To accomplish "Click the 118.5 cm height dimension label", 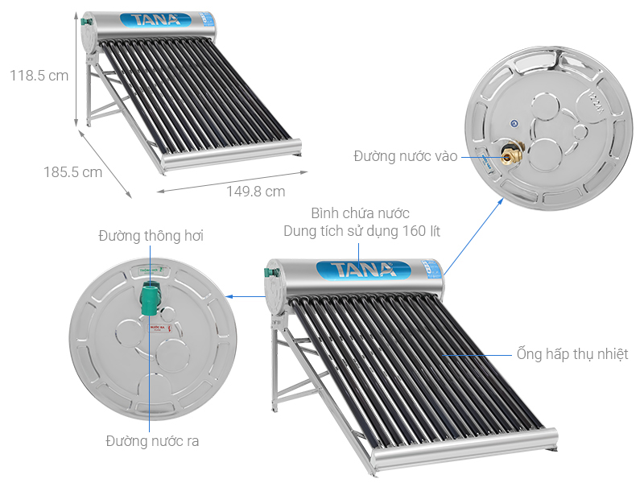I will click(x=39, y=76).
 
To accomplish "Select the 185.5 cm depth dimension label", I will click(x=72, y=171).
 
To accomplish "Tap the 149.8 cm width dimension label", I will click(x=255, y=191).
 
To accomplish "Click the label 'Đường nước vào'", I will click(x=404, y=155).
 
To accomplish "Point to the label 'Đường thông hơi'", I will click(x=151, y=236).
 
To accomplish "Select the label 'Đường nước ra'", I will click(x=152, y=440).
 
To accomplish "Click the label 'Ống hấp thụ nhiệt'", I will click(x=572, y=353).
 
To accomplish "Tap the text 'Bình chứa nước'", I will click(x=361, y=213).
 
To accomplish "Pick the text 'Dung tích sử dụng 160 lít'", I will click(x=361, y=231).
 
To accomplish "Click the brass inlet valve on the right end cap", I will click(x=510, y=153).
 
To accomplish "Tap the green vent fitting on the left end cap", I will click(x=150, y=299).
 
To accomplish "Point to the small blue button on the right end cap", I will click(x=514, y=123).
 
